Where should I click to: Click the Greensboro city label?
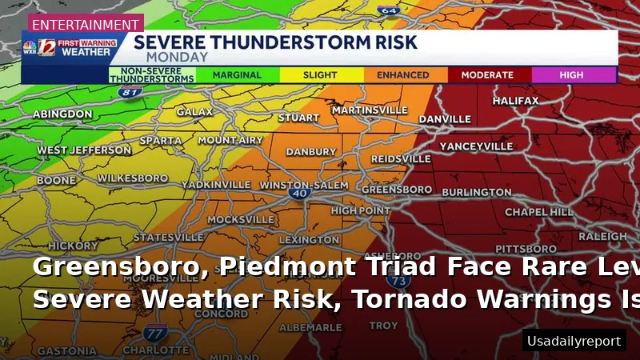point(397,190)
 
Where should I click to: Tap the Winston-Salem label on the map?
point(304,185)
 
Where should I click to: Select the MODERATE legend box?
point(487,75)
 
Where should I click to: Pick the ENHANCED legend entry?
point(403,75)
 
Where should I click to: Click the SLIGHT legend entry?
point(320,75)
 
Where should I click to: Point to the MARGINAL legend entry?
point(237,75)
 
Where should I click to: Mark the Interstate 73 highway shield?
point(398,281)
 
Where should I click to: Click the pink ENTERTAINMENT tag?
point(86,25)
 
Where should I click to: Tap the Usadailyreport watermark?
point(574,341)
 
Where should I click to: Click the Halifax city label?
point(515,101)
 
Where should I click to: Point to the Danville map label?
point(445,119)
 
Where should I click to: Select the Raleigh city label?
point(602,237)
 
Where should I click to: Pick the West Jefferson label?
point(84,150)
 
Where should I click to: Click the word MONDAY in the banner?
point(177,57)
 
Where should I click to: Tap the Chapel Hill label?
point(539,212)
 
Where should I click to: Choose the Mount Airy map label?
point(230,140)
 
